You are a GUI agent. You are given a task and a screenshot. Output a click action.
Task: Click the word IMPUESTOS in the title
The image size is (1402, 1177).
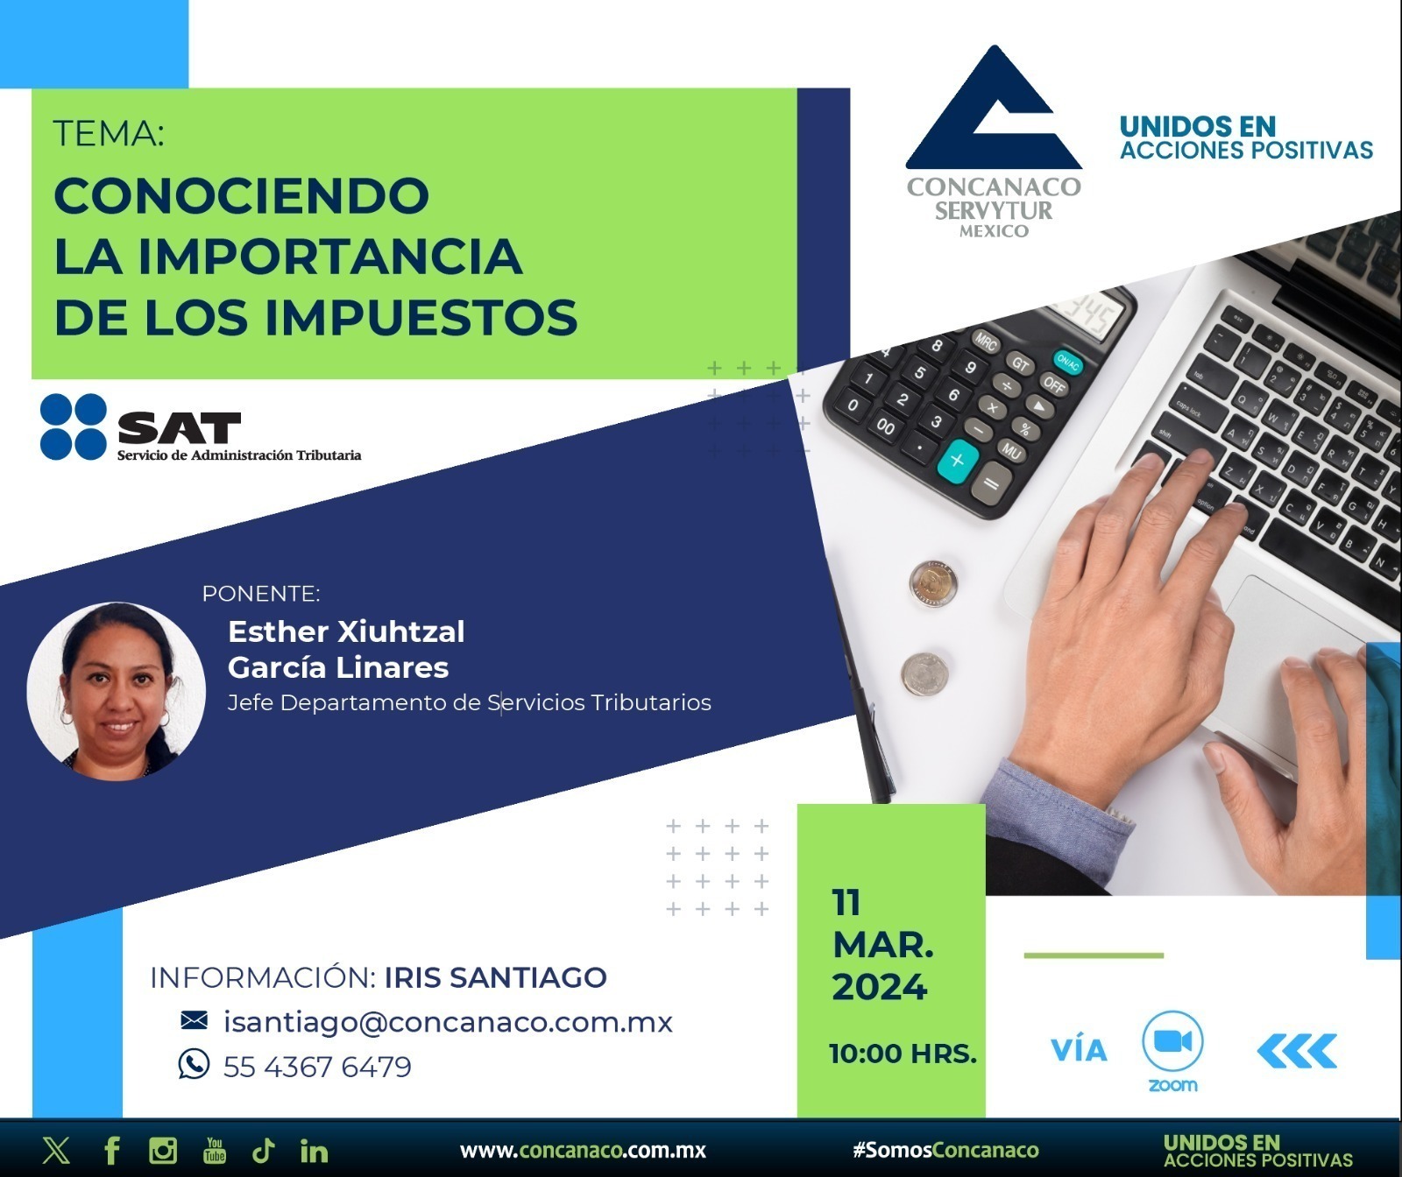421,317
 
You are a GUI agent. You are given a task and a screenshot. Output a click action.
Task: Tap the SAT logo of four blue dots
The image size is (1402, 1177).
74,426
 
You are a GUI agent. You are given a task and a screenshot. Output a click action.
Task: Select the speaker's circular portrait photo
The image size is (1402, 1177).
116,690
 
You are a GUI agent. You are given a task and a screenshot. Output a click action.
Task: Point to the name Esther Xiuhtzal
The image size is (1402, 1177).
346,631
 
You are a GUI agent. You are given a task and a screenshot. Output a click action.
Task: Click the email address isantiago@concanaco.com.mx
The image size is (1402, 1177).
448,1022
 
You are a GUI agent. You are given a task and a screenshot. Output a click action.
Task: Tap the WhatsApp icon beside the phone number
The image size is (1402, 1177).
194,1064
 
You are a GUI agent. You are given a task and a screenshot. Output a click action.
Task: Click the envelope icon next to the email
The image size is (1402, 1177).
194,1020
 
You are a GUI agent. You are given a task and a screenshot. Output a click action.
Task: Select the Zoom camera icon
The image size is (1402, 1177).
1172,1041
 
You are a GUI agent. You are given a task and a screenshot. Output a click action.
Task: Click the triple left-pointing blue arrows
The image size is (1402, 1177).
1297,1051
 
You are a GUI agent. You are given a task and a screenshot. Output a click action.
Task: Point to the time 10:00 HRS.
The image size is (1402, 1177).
903,1053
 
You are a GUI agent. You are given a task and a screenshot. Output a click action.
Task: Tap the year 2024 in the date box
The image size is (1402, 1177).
879,987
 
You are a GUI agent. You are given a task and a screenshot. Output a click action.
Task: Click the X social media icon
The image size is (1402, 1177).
56,1150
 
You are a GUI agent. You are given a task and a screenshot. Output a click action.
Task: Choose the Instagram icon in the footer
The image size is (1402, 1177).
163,1150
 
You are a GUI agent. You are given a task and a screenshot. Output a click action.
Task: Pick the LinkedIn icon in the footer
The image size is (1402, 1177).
314,1150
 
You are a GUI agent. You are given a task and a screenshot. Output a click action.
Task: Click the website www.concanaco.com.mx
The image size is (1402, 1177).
583,1151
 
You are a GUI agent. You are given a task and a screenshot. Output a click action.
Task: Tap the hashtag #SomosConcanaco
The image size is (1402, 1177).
945,1151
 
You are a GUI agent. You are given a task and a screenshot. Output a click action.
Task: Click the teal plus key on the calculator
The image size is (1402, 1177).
958,460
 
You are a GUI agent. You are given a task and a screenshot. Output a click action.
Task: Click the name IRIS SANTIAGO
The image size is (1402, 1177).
496,977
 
